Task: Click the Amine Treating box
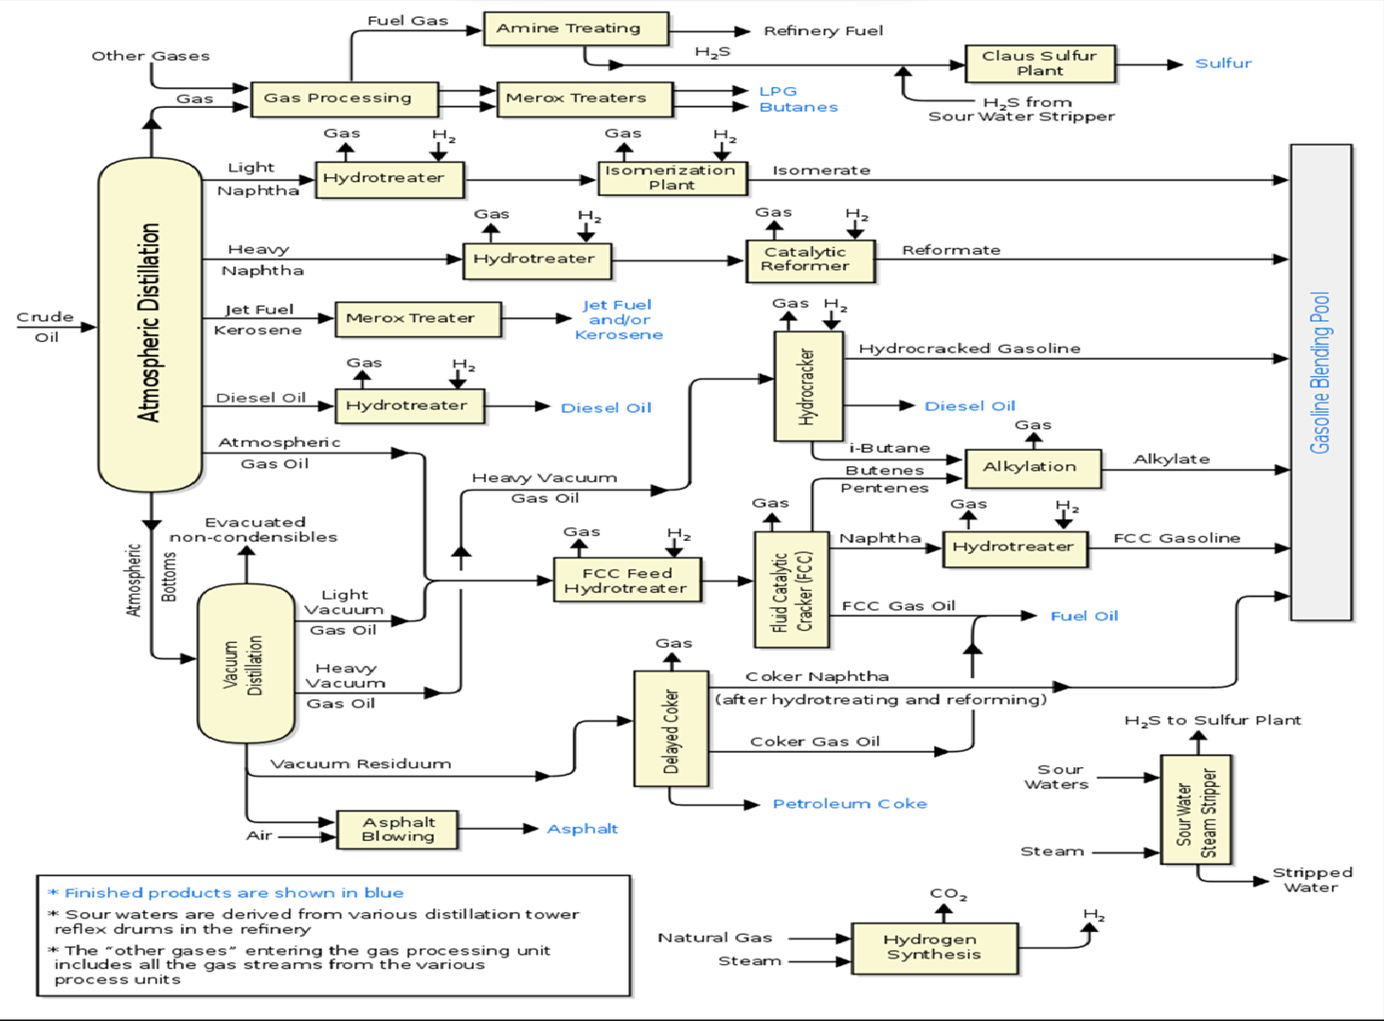point(575,28)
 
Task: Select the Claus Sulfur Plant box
point(1039,63)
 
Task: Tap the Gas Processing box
point(344,99)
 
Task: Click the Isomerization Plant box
point(672,177)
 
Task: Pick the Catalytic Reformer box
point(807,260)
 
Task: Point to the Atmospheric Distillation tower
point(150,324)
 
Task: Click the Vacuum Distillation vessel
point(245,664)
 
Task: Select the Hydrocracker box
point(808,385)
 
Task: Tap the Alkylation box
point(1033,467)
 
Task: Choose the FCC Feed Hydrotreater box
point(627,580)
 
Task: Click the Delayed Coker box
point(671,728)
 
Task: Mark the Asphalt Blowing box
point(398,830)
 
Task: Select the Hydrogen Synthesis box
point(934,947)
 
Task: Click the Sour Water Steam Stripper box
point(1195,810)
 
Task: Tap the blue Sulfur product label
point(1223,63)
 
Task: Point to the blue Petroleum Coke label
point(850,804)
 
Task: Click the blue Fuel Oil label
point(1084,617)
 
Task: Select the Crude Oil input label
point(45,327)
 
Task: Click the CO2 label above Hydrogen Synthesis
point(947,894)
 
